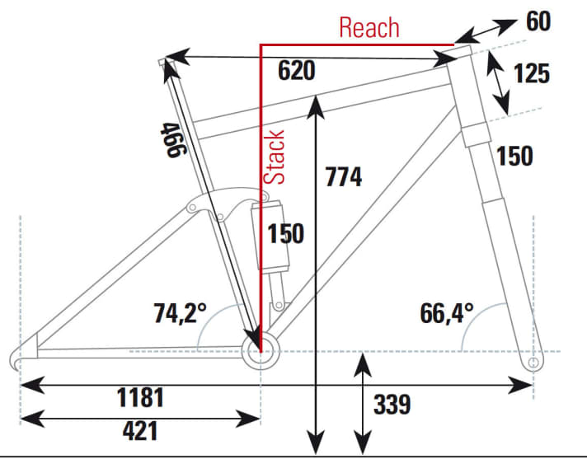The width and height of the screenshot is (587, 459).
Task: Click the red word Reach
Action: click(369, 27)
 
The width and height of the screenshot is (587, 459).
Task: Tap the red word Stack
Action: click(274, 157)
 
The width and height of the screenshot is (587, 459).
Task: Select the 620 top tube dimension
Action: click(297, 70)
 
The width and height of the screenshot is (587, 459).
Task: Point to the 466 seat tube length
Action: click(173, 140)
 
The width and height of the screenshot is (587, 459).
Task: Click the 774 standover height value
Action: click(344, 176)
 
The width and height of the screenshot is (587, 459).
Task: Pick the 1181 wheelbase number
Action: click(140, 397)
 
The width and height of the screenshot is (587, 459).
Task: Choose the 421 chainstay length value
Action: click(140, 430)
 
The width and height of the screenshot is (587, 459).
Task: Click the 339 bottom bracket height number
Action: click(392, 404)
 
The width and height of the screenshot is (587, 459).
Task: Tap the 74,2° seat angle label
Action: click(180, 313)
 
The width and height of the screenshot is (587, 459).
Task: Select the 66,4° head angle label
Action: click(447, 313)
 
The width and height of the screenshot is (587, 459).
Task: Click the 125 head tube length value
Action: click(532, 73)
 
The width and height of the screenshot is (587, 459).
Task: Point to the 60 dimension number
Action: click(538, 21)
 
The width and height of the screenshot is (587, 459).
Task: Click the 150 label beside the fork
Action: click(514, 156)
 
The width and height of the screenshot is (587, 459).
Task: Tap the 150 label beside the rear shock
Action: click(285, 234)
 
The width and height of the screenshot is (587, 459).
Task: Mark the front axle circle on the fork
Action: click(533, 362)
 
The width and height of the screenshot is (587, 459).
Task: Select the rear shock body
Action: click(270, 236)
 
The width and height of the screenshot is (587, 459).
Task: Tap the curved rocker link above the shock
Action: click(227, 203)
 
